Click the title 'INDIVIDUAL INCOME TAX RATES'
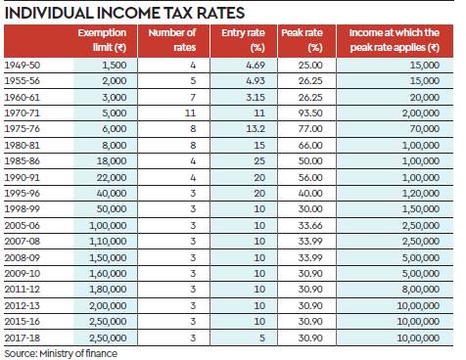(x=124, y=13)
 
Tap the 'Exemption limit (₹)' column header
(x=102, y=40)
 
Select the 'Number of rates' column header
(x=172, y=40)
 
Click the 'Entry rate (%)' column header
(x=243, y=40)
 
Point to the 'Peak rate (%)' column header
(x=302, y=40)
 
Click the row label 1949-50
(x=23, y=66)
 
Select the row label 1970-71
(x=22, y=113)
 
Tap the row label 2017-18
(x=23, y=337)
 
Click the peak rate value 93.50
(x=310, y=113)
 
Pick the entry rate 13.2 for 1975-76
(x=256, y=129)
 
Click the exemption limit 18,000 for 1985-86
(x=112, y=161)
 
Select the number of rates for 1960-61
(x=193, y=97)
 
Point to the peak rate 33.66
(x=310, y=225)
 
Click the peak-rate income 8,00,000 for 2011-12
(x=421, y=290)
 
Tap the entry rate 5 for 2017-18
(x=262, y=337)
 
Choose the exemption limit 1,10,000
(x=108, y=242)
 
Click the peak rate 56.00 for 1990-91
(x=310, y=177)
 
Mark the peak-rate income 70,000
(x=425, y=129)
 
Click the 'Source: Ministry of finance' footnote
(x=61, y=353)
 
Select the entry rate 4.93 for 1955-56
(x=256, y=81)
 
